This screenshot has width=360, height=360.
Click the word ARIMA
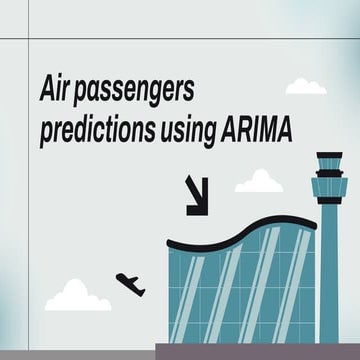click(x=258, y=131)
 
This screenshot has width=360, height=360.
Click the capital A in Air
click(x=45, y=91)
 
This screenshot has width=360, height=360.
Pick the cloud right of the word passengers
click(x=306, y=87)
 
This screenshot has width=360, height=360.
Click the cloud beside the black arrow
click(x=259, y=182)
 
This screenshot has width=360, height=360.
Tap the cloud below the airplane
click(x=77, y=296)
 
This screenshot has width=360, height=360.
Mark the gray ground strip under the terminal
click(x=255, y=351)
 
